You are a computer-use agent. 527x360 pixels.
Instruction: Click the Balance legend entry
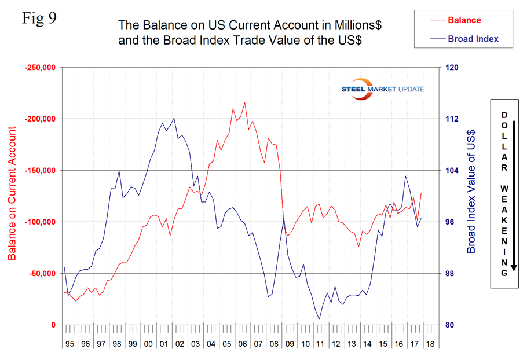click(x=464, y=20)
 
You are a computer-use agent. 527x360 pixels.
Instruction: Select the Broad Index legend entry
click(x=473, y=39)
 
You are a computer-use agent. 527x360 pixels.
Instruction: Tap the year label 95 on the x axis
click(x=69, y=343)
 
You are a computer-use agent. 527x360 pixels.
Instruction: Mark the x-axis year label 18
click(x=430, y=343)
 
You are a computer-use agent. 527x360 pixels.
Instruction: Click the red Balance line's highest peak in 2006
click(x=244, y=103)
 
